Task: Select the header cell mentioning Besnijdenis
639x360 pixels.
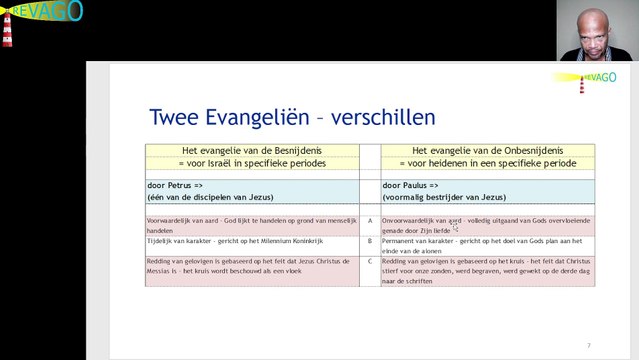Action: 251,157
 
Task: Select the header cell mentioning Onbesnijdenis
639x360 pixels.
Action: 487,157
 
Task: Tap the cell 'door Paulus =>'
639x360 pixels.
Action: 412,185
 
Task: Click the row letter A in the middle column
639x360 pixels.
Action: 370,219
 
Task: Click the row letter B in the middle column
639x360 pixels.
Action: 370,241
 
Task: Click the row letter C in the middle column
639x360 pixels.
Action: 370,261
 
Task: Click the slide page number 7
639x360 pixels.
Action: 588,345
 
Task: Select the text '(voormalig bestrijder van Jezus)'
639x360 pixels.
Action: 444,197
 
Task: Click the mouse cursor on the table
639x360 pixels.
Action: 456,227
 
